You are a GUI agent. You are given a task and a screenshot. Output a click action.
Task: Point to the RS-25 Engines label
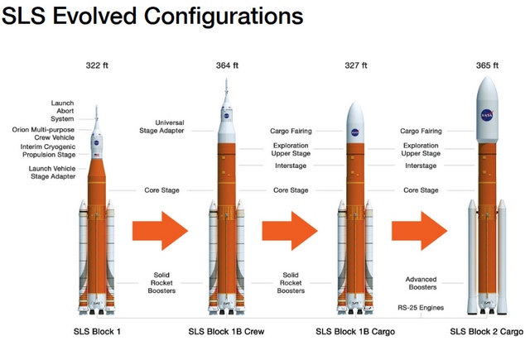(420, 308)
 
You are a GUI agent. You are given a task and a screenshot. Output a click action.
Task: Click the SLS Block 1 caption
(97, 332)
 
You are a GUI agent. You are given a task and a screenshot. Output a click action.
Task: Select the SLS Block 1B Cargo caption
(354, 332)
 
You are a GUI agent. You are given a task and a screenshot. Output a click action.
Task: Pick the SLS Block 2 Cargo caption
(485, 332)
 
